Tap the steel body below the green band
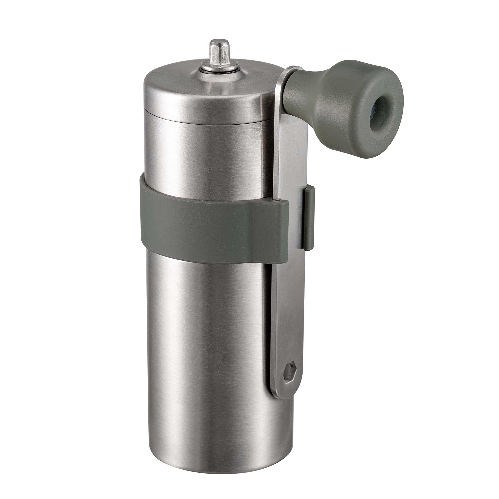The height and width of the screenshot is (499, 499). pyautogui.click(x=207, y=336)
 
